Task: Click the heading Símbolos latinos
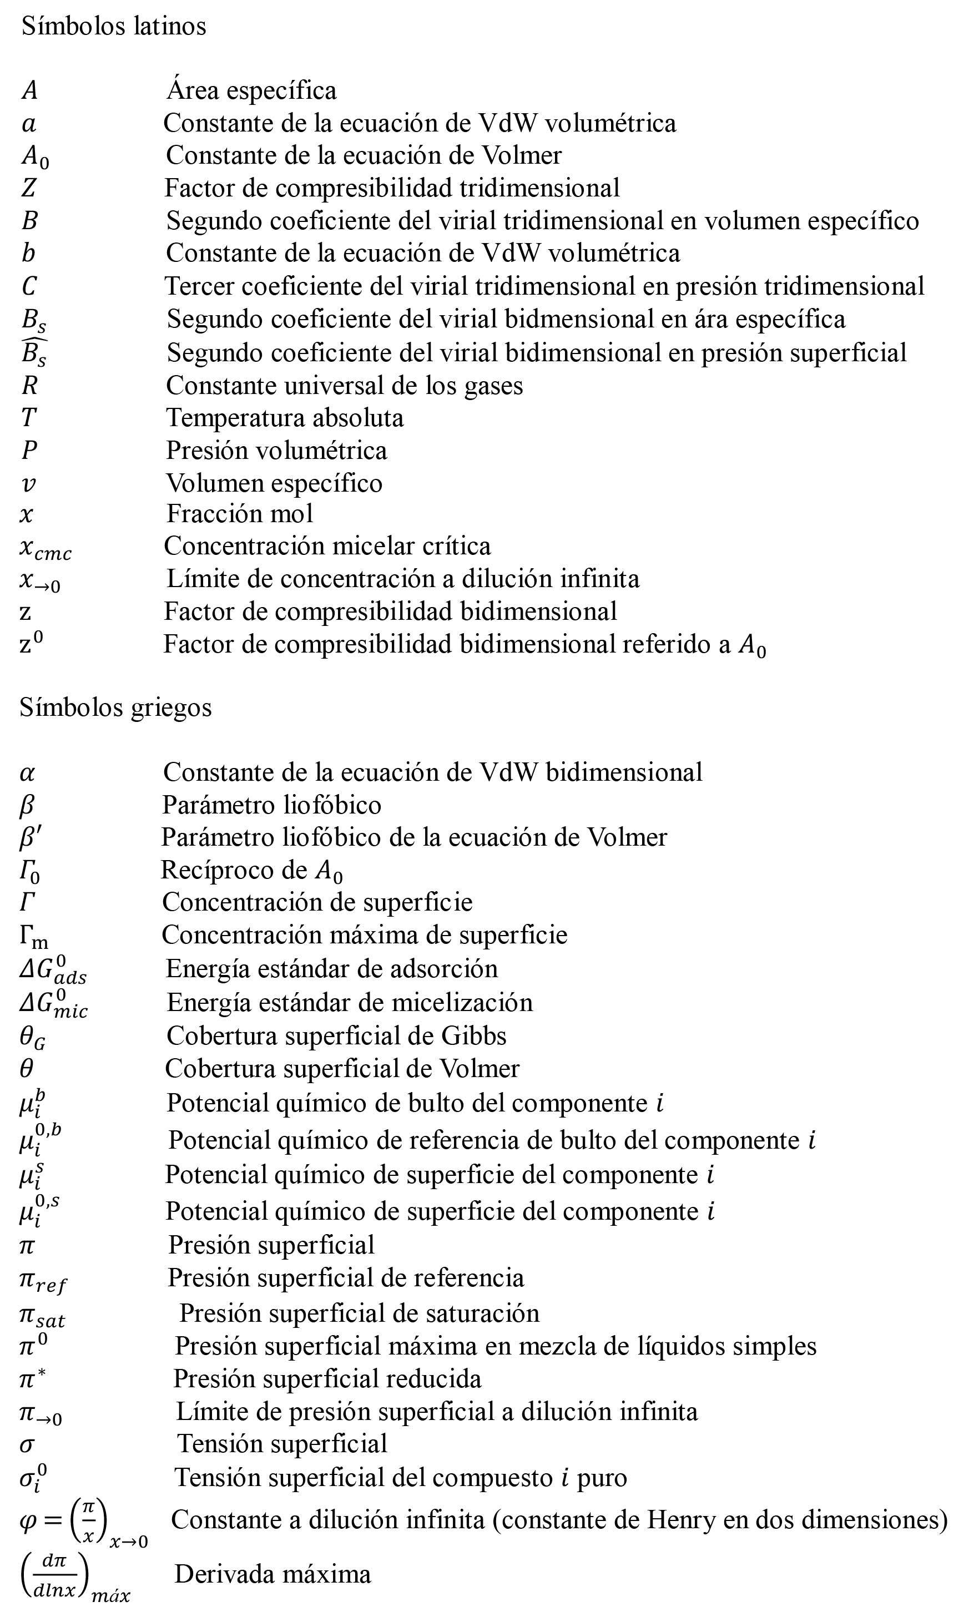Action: pyautogui.click(x=114, y=26)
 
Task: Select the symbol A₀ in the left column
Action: pyautogui.click(x=34, y=157)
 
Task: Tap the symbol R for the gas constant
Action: pyautogui.click(x=29, y=385)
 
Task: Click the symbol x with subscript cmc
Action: pyautogui.click(x=45, y=548)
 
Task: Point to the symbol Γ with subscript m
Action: pyautogui.click(x=33, y=936)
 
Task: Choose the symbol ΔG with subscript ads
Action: pyautogui.click(x=53, y=970)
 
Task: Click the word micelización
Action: pyautogui.click(x=461, y=1002)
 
